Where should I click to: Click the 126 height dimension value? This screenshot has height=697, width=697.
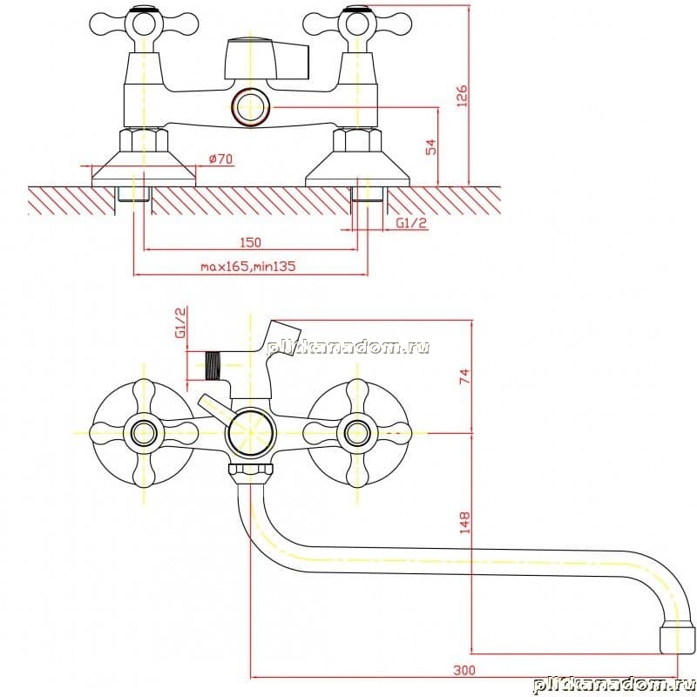point(463,96)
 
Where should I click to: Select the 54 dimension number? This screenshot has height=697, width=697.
point(430,147)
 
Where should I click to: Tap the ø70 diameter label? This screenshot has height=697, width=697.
point(220,159)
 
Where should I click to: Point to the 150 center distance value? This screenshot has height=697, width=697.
point(251,243)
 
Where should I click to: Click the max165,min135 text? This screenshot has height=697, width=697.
point(248,267)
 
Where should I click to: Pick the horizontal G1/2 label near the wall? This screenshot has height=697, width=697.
point(411,223)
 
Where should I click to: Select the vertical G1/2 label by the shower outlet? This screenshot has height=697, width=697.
point(181,322)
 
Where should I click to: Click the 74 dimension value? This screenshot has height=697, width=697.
point(464,376)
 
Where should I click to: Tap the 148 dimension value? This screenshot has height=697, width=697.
point(464,522)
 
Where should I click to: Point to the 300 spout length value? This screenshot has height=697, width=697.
point(464,670)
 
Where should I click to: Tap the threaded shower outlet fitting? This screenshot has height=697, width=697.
point(213,365)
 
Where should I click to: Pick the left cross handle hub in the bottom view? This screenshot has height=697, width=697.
point(144,433)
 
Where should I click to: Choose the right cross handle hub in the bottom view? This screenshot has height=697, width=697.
point(357,433)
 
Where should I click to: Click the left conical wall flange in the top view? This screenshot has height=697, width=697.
point(144,169)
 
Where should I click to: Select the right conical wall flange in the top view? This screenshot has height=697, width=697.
point(357,169)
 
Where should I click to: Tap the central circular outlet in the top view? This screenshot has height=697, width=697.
point(251,106)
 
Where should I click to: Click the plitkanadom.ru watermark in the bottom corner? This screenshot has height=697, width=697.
point(614,685)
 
